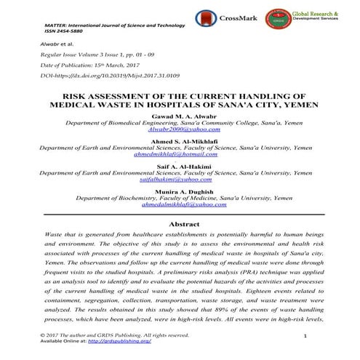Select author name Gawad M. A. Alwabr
pyautogui.click(x=180, y=116)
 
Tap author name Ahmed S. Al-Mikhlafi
pyautogui.click(x=180, y=140)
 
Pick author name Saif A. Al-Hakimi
pyautogui.click(x=180, y=167)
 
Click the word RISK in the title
pyautogui.click(x=77, y=95)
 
